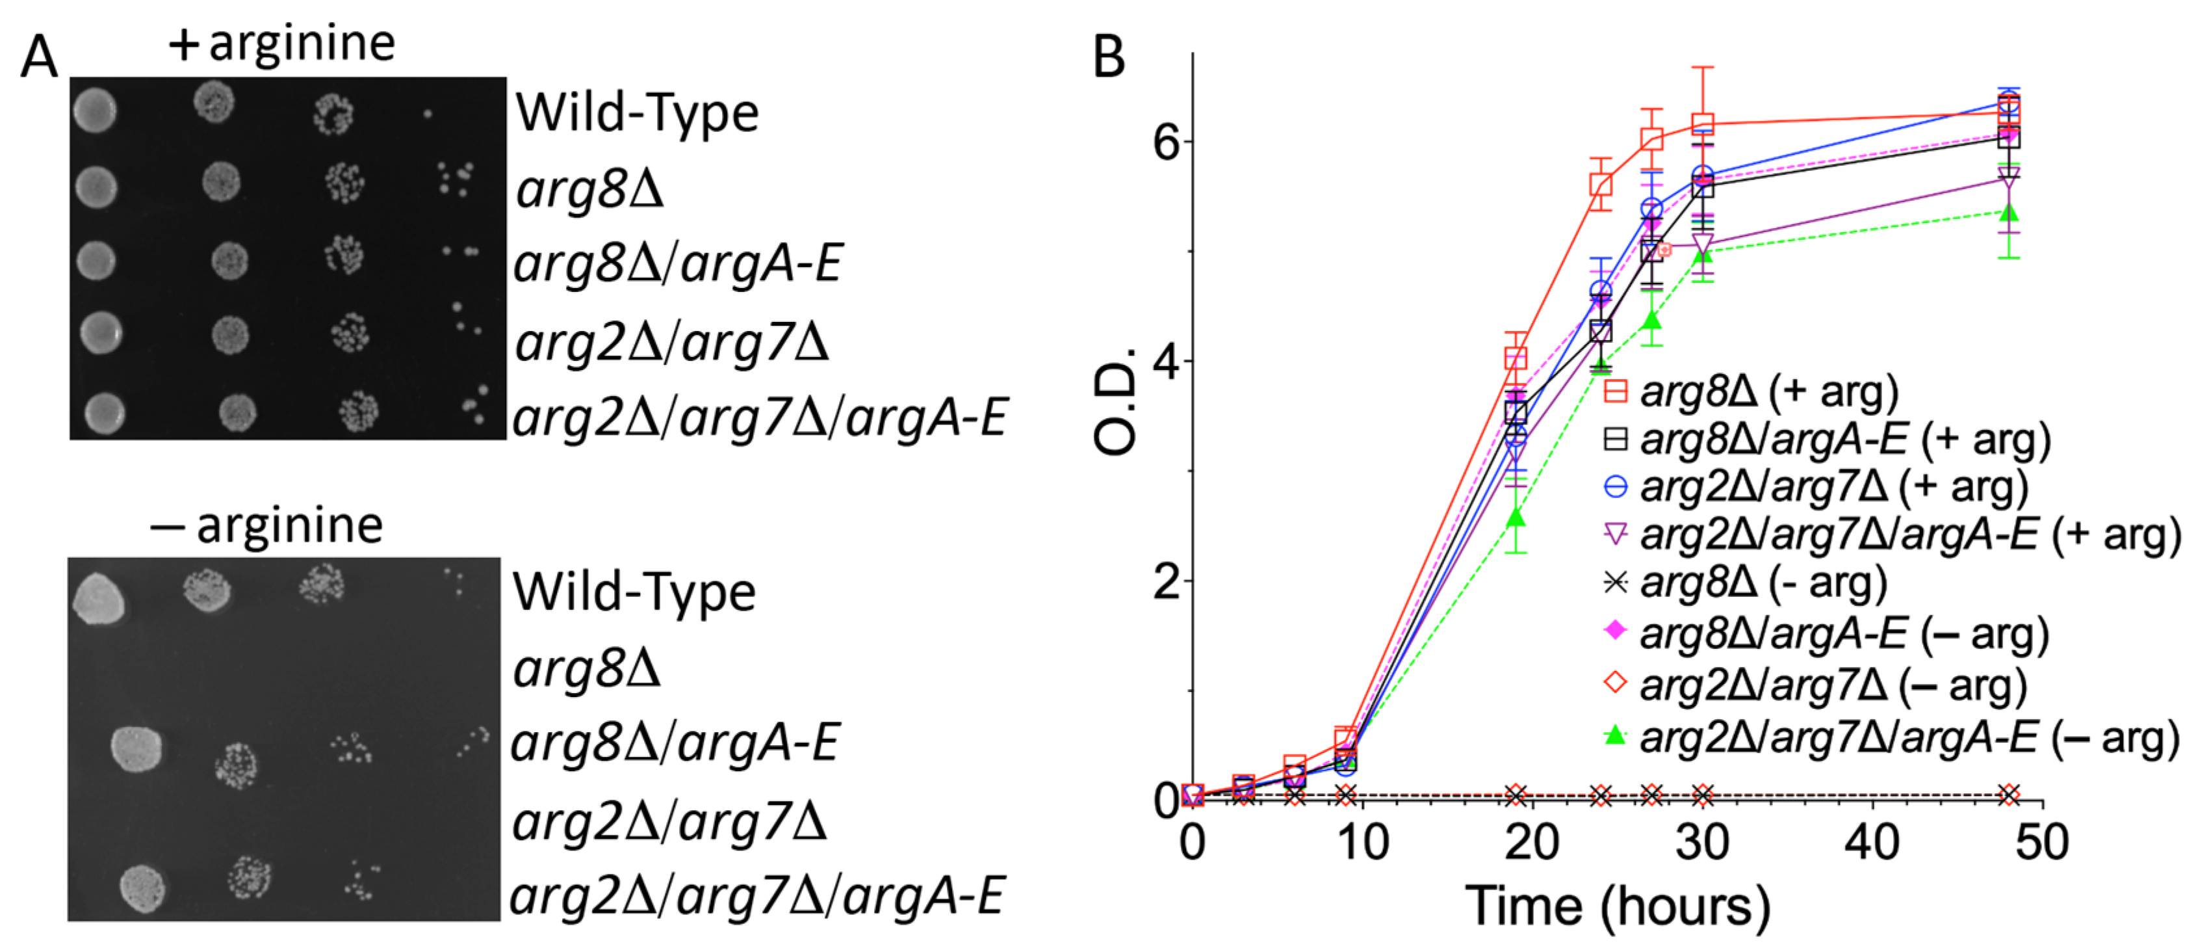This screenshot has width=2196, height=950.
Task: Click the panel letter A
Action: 39,58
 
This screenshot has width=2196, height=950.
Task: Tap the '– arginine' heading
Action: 266,525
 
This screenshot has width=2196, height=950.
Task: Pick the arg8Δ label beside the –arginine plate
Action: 586,668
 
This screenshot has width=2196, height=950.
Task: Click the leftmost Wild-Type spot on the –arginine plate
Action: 98,599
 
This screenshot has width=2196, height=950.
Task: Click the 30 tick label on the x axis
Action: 1701,843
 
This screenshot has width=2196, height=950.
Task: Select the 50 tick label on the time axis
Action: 2041,843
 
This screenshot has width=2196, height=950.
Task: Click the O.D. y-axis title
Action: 1115,401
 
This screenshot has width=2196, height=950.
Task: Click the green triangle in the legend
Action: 1614,734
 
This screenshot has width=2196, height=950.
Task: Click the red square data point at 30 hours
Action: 1703,124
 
